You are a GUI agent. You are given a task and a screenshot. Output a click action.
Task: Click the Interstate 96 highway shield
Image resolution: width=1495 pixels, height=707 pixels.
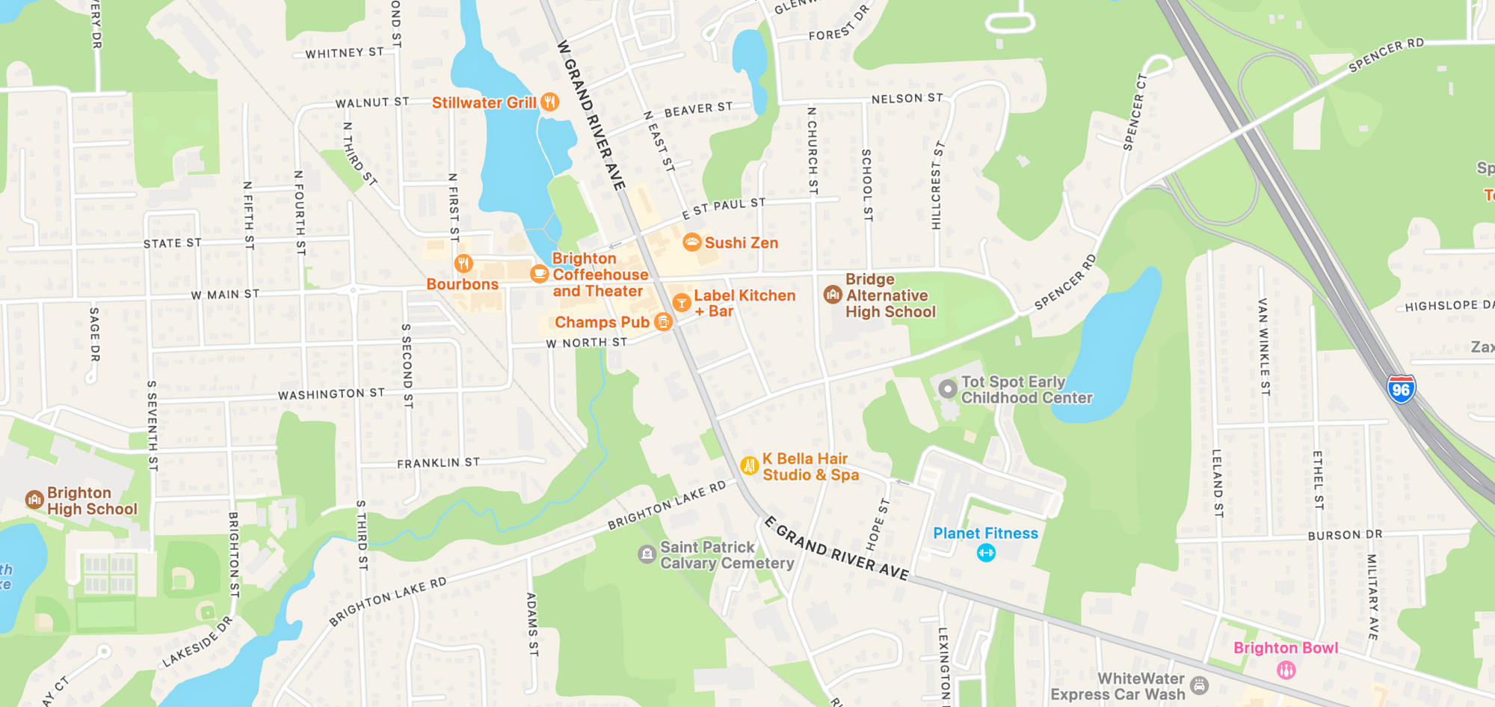coord(1401,389)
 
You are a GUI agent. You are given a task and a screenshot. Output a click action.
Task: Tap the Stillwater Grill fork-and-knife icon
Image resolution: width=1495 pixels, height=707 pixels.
coord(550,102)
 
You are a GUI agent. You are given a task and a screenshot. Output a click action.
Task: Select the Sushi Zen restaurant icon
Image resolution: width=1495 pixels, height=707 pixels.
coord(692,242)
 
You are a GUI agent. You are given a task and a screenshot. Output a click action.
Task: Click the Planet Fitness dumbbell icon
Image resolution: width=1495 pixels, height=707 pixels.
coord(986,553)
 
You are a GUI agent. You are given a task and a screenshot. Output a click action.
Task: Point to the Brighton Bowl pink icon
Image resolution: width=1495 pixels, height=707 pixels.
coord(1286,670)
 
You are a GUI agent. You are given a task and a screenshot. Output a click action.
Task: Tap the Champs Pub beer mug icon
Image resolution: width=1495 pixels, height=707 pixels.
coord(663,322)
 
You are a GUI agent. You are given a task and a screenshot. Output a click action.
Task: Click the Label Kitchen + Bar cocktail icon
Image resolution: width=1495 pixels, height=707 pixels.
coord(681,303)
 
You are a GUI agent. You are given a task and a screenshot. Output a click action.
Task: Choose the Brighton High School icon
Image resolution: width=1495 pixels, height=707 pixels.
coord(34,500)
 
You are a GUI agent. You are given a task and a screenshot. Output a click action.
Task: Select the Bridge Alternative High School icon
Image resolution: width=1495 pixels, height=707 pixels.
coord(833,295)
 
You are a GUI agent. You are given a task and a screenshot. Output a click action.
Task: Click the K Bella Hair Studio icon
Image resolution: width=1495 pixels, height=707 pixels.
coord(749,465)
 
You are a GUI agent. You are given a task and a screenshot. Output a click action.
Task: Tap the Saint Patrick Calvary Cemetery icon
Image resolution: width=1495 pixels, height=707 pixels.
coord(647,554)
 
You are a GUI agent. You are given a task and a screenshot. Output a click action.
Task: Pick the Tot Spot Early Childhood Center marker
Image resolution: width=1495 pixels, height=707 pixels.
coord(948,389)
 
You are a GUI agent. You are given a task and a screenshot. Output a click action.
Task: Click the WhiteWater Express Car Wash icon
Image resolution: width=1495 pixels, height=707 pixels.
coord(1199,685)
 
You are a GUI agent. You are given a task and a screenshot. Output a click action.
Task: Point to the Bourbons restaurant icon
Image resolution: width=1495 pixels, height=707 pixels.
coord(463,263)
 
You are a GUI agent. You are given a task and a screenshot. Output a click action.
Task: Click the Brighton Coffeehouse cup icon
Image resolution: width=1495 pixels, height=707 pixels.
coord(539,274)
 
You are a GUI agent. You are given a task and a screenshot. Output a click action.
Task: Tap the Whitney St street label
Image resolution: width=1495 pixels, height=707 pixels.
coord(345,53)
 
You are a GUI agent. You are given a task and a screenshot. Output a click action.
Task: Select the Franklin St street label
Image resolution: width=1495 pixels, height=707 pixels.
coord(438,463)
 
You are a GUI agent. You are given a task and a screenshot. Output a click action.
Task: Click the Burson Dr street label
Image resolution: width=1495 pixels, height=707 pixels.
coord(1345,535)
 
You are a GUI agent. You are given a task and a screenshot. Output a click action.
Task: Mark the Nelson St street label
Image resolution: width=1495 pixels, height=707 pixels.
coord(907,98)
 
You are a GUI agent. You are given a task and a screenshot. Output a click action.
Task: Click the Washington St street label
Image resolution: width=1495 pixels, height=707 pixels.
coord(331,394)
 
